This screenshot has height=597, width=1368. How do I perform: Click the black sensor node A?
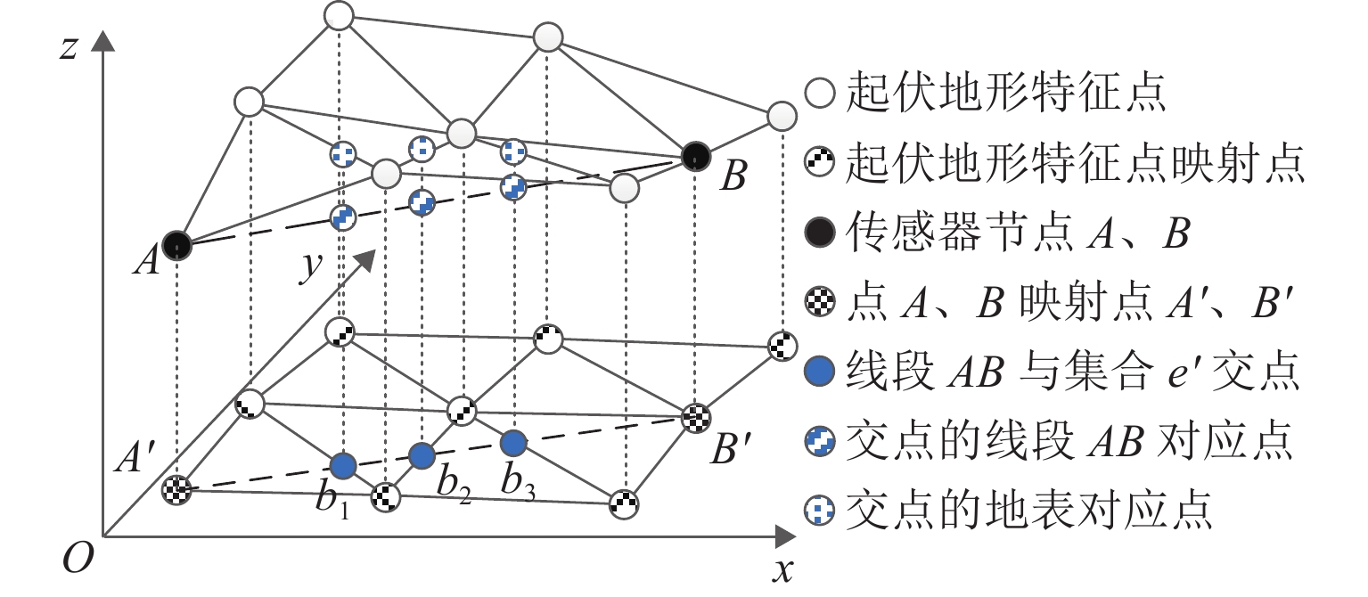tap(177, 245)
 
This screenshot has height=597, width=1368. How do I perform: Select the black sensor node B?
tap(696, 156)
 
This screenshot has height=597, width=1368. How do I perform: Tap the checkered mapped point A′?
tap(176, 489)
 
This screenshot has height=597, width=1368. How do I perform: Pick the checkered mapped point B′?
tap(696, 418)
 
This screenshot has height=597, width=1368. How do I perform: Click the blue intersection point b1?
tap(343, 466)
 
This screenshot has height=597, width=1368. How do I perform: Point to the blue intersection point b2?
tap(422, 455)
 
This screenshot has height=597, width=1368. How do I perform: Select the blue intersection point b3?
tap(513, 443)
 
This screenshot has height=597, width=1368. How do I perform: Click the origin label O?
tap(78, 557)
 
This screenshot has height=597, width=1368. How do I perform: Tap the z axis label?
tap(69, 47)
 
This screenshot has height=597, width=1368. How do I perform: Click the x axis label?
tap(782, 571)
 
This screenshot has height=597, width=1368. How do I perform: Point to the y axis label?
tap(311, 266)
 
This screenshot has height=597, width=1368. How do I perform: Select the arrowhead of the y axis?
tap(365, 258)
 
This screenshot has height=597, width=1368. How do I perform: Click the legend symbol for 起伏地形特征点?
tap(820, 94)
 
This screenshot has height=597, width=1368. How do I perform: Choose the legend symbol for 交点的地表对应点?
tap(820, 511)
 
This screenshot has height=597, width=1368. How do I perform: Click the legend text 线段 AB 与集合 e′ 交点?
tap(1072, 372)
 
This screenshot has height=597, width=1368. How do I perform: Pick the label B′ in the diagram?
tap(731, 449)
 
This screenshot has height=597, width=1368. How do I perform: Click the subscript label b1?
tap(332, 501)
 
